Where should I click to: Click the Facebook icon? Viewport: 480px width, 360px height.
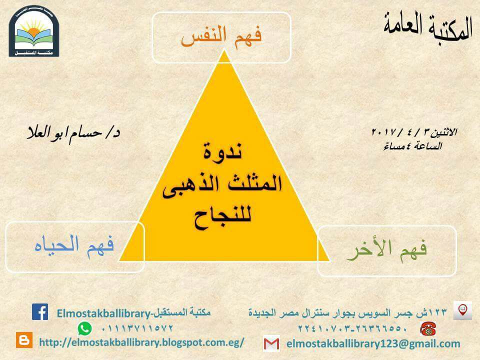40,311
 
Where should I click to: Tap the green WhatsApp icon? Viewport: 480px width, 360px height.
84,328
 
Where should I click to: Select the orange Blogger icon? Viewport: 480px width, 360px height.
24,340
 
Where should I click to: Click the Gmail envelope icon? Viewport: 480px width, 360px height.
271,343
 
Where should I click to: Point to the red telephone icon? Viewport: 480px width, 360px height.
428,329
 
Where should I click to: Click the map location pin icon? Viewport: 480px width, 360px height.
462,310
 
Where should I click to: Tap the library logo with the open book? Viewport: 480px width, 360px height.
33,31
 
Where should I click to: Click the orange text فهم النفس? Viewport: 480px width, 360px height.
221,37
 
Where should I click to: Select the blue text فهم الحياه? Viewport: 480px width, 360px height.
74,246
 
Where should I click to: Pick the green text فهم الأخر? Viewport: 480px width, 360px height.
386,250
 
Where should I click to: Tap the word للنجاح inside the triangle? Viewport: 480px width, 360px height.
222,216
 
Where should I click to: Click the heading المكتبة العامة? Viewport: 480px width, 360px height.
428,27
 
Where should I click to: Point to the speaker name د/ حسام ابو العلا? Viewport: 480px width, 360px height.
73,134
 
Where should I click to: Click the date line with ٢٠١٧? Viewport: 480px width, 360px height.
414,132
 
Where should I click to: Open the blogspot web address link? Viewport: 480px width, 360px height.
141,342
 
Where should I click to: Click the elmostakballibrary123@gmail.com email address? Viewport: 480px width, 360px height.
373,343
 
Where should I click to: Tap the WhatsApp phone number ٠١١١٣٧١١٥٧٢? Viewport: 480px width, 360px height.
137,328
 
